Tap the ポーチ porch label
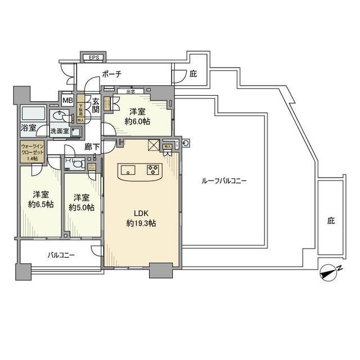[112, 74]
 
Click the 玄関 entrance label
[95, 106]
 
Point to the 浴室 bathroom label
[29, 128]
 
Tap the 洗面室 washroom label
[59, 131]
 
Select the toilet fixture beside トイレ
[81, 164]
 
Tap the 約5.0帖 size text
[82, 206]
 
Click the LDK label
[141, 213]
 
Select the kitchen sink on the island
[127, 169]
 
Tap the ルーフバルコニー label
[224, 181]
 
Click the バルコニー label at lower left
[60, 255]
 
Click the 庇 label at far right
[331, 221]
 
